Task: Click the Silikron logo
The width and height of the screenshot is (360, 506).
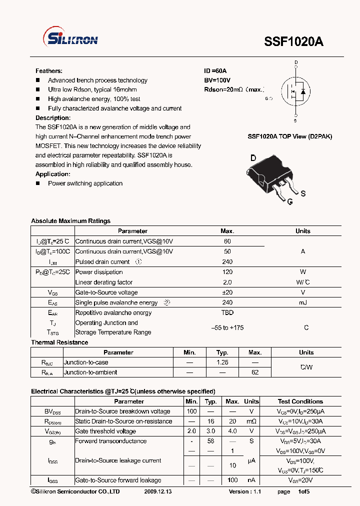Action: pos(72,39)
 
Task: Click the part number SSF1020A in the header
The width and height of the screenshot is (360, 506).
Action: pos(293,42)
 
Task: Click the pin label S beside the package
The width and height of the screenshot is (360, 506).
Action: pos(303,193)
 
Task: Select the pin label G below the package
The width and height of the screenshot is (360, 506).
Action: pos(289,201)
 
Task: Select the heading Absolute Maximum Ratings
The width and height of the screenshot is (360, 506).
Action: pos(70,221)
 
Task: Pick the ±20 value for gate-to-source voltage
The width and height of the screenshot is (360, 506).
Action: pos(227,292)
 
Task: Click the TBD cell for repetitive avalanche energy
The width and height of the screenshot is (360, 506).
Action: pos(227,312)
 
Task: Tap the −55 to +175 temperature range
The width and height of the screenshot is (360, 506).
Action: pos(227,327)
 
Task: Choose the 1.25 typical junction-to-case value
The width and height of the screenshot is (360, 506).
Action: pos(222,362)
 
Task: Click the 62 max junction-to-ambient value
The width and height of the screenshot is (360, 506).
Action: pos(254,372)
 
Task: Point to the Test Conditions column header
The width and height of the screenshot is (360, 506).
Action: pos(300,401)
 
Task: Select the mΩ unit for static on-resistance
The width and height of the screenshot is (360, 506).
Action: pos(251,421)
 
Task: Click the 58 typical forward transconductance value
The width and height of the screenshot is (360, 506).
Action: pos(211,441)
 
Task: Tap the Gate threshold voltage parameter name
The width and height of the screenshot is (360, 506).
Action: pos(105,431)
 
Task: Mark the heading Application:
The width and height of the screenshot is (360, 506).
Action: pos(53,174)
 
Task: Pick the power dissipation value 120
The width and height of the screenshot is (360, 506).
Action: pos(227,272)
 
